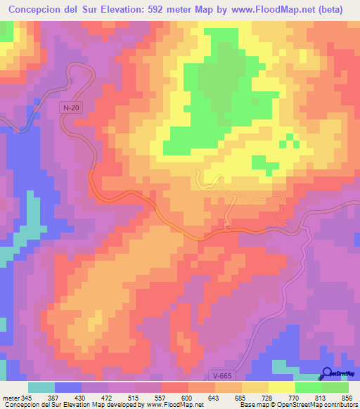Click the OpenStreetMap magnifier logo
click(328, 373)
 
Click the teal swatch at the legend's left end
click(41, 388)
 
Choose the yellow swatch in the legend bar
click(282, 388)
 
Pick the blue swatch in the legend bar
click(68, 388)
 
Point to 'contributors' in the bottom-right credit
click(337, 404)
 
